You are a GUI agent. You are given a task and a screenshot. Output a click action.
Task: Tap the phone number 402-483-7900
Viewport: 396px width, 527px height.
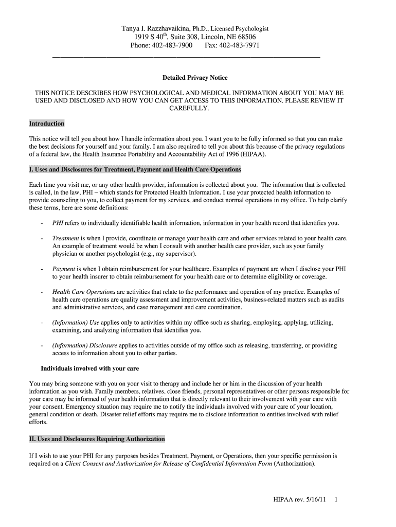[x=172, y=46]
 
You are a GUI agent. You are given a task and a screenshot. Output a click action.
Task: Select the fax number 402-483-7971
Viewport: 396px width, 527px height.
[x=239, y=46]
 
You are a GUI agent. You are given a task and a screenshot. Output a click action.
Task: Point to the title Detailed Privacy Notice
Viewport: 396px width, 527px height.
[x=195, y=78]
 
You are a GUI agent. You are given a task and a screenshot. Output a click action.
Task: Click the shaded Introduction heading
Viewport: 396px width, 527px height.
[x=47, y=124]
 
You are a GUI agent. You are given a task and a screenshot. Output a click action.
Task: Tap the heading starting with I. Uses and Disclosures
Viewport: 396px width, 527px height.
[x=135, y=170]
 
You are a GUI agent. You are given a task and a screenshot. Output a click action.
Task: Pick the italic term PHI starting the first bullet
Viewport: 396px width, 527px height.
[x=58, y=223]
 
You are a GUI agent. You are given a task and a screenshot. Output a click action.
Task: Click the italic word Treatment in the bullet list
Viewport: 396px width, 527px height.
[x=66, y=239]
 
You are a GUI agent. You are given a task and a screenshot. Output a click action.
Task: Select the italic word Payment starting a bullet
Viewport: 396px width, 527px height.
[x=64, y=269]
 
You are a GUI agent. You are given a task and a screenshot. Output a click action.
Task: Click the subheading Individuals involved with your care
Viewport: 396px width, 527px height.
[x=90, y=368]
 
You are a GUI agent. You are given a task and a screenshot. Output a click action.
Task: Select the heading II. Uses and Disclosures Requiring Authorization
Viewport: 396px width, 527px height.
[x=97, y=439]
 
